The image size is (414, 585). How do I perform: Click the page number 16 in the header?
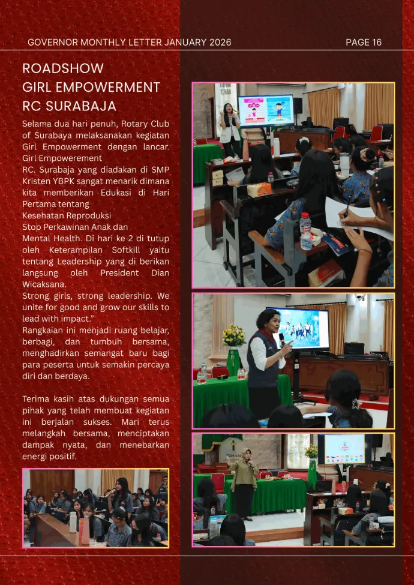[376, 42]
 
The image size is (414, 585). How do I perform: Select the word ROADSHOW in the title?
[63, 68]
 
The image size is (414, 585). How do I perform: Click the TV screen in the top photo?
[266, 110]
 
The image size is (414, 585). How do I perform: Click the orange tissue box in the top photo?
[259, 190]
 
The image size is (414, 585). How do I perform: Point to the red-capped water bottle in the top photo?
[305, 230]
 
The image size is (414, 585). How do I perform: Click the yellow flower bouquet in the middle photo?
[234, 335]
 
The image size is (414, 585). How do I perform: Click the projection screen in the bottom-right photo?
[344, 449]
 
